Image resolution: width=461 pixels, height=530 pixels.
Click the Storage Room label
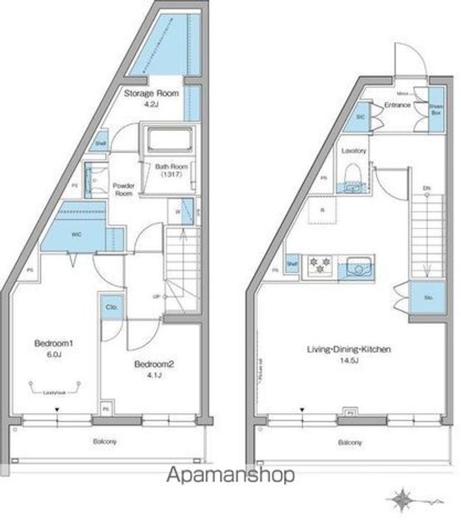point(152,93)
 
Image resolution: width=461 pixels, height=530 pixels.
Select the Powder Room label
point(122,190)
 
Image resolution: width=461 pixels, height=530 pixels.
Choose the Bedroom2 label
point(152,364)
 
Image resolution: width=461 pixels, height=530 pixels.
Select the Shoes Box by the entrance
point(436,109)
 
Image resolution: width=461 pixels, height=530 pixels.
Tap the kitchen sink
point(357,266)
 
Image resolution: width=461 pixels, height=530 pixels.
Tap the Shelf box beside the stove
point(292,264)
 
